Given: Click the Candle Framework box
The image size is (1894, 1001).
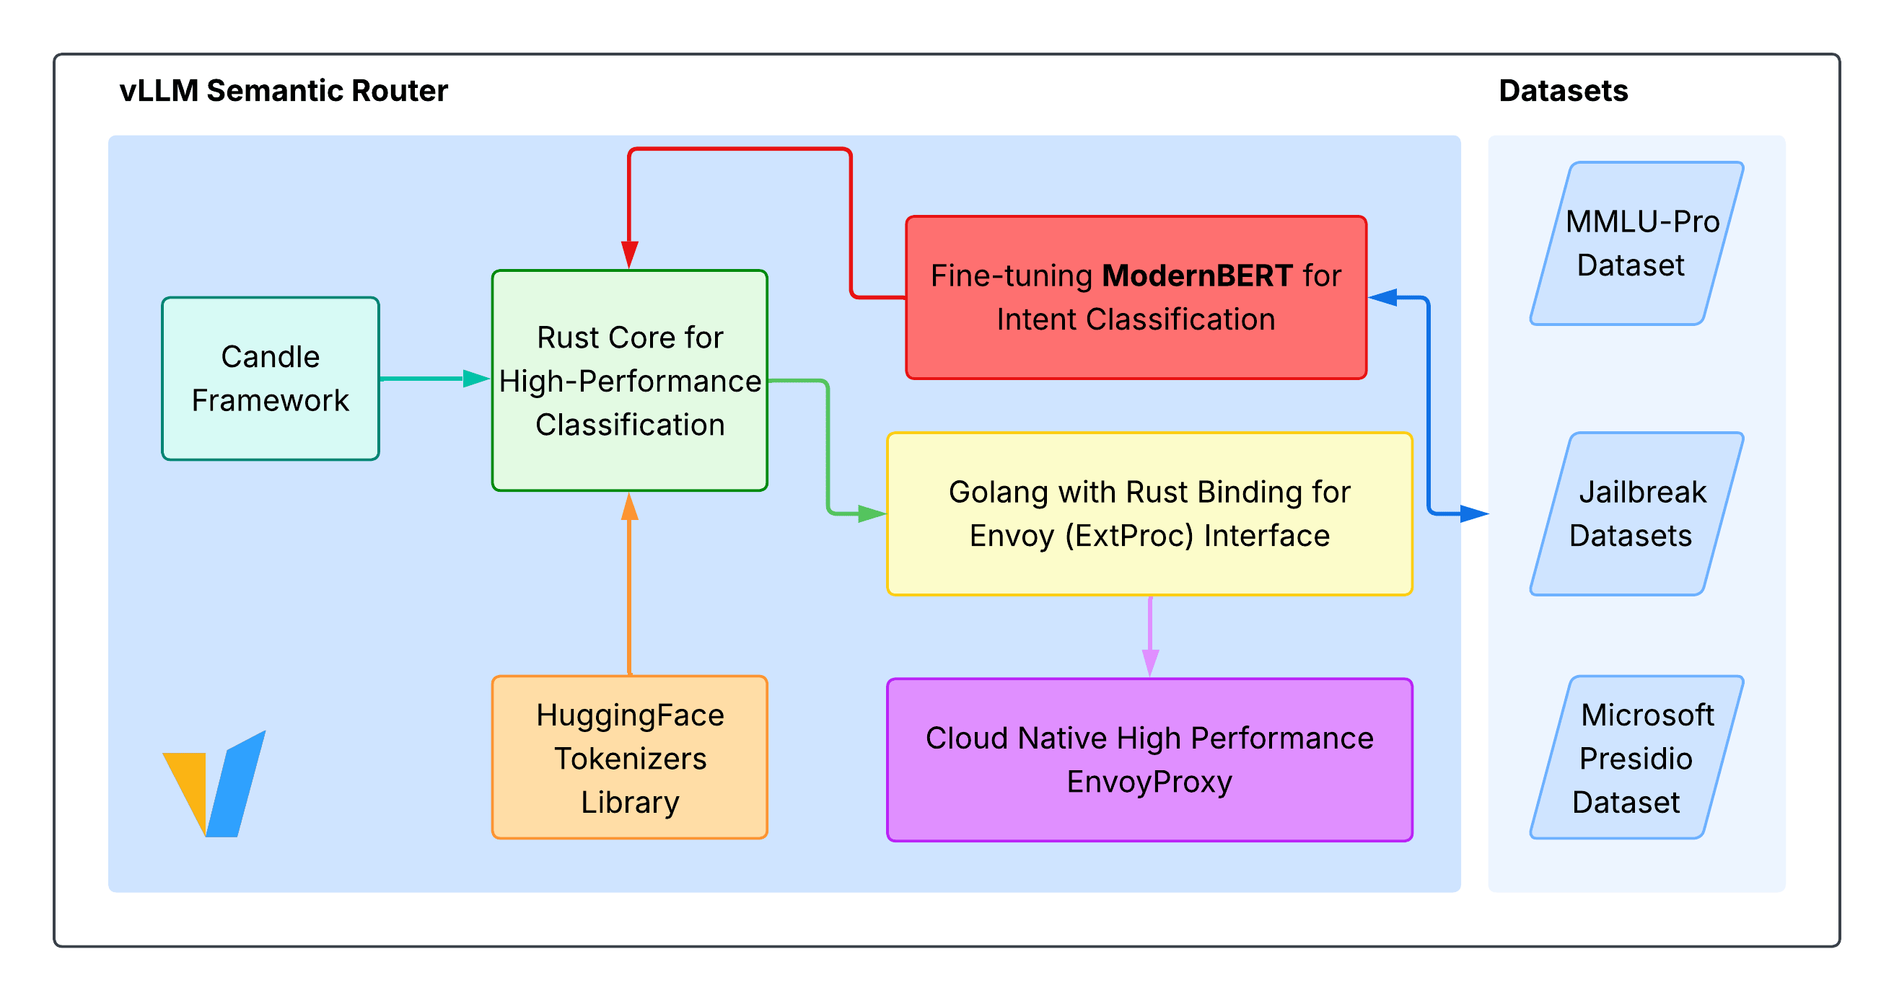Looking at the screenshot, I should (270, 379).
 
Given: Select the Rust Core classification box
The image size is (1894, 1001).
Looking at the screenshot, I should (629, 380).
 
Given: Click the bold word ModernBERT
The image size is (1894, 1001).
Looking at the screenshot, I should (1196, 276).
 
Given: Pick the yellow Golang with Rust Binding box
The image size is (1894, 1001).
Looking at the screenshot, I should (1149, 513).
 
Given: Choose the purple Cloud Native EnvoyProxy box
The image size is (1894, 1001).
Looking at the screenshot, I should (1149, 759).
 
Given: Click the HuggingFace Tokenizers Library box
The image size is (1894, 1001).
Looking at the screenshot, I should (629, 757).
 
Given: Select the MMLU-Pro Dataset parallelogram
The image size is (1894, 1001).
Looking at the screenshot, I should (1636, 243).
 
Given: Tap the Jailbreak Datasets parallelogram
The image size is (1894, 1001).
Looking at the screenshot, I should (1636, 513).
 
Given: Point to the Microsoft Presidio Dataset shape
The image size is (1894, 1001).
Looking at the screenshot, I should (1636, 757).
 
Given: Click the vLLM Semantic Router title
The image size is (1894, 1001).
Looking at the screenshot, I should (283, 90).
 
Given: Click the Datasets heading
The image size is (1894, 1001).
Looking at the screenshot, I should (1562, 90).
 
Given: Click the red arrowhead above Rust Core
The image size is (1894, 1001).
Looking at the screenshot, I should (629, 255).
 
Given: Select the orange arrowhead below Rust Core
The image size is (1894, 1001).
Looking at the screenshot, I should (629, 507).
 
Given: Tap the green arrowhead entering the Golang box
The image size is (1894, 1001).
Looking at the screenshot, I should (872, 513).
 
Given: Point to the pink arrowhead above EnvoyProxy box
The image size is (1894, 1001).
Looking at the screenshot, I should (1150, 661).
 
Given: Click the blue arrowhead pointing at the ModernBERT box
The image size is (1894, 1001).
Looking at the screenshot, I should (1383, 297).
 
